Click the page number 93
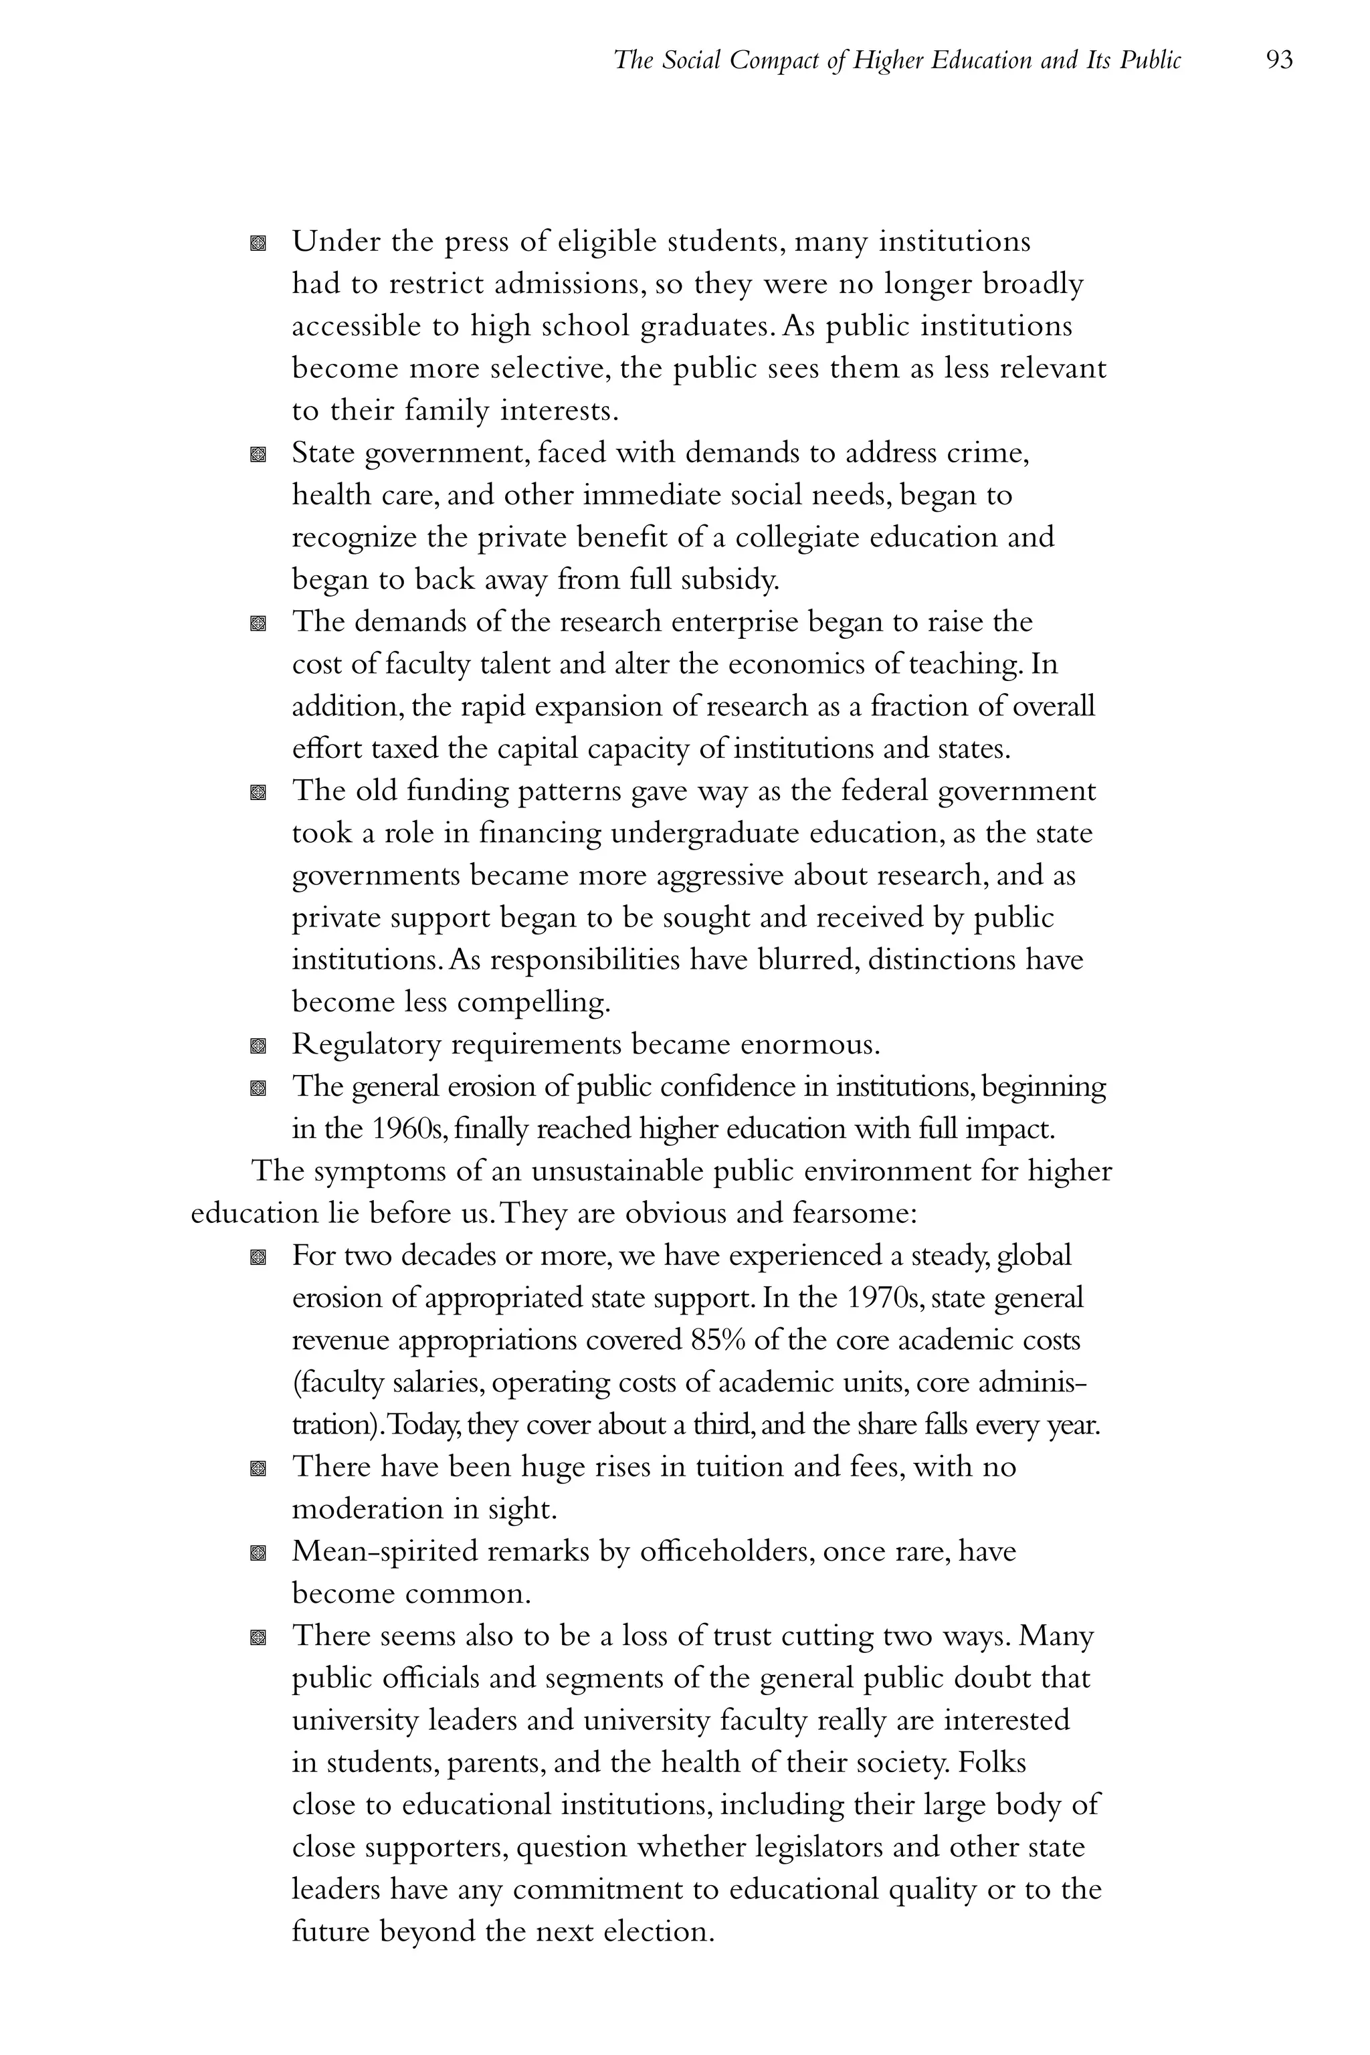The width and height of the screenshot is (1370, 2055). click(1278, 60)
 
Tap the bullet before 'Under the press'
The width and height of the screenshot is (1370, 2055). click(257, 243)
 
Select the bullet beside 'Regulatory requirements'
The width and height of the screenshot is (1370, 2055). click(257, 1046)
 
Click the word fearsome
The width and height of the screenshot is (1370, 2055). click(850, 1213)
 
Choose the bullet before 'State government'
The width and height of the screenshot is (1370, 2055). click(257, 454)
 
